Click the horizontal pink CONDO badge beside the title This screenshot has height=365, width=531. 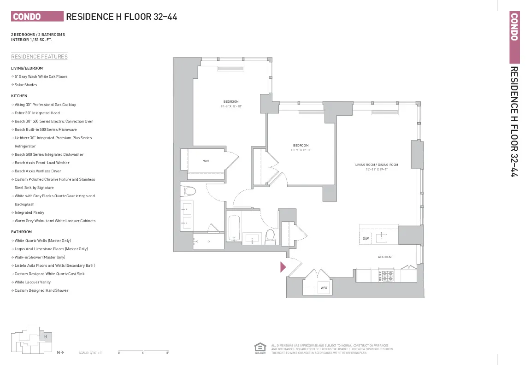point(37,17)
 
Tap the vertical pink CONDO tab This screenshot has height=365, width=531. point(514,37)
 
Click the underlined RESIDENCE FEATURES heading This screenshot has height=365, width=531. point(39,57)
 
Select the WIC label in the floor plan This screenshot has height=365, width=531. point(206,161)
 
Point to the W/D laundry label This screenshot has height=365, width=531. point(324,288)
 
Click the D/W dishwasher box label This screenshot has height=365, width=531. point(366,238)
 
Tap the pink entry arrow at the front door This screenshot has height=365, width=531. point(283,266)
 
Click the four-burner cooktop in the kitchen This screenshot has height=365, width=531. point(386,276)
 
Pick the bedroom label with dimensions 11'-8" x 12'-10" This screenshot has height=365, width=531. point(231,104)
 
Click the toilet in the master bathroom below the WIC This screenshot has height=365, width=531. point(189,191)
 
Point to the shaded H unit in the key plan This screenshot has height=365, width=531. point(46,336)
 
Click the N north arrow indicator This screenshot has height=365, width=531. point(60,353)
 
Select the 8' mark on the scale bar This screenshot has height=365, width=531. point(167,353)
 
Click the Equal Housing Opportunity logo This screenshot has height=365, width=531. point(260,348)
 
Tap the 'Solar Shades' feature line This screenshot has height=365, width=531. point(26,85)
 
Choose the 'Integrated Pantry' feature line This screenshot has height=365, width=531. point(29,212)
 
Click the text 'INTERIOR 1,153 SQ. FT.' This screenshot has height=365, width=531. point(32,40)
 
